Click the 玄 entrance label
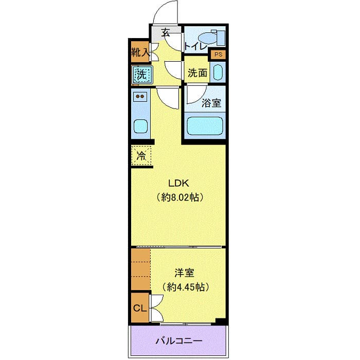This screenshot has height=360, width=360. tap(166, 33)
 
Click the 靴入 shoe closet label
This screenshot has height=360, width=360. tap(140, 52)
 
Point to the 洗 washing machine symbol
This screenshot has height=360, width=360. tap(141, 75)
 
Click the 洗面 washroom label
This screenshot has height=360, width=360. tap(197, 73)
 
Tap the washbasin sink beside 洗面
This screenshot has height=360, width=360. tap(218, 73)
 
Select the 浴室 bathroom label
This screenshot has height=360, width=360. tap(211, 102)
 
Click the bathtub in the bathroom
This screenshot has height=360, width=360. tap(205, 125)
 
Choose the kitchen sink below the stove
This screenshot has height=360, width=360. tap(140, 125)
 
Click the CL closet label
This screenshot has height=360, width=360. tap(139, 308)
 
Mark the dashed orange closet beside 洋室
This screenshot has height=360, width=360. tap(140, 269)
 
